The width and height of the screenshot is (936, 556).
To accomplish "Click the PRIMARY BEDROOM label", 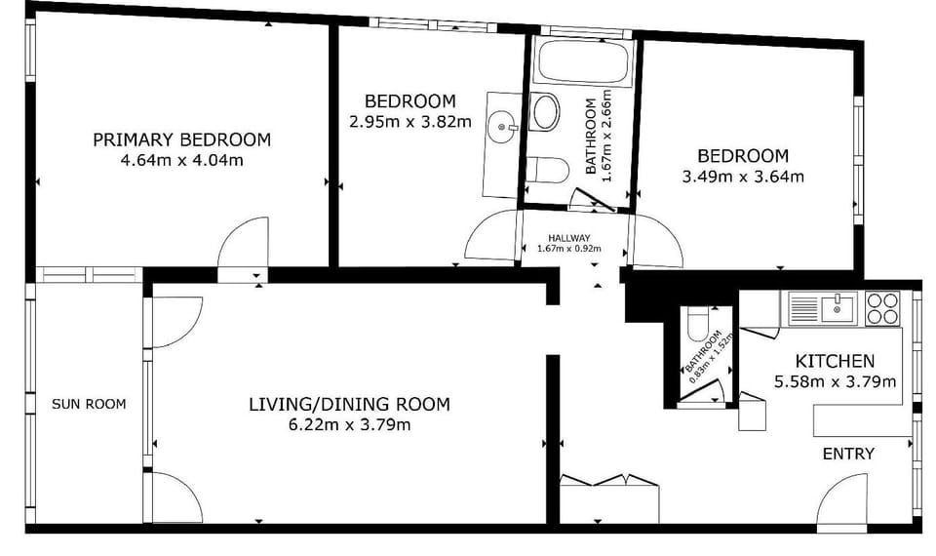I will (x=181, y=139).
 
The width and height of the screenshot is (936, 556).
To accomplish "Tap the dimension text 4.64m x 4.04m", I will (x=181, y=160).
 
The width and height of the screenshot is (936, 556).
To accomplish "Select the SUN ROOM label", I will (x=90, y=404).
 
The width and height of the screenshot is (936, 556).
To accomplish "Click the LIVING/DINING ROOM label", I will (x=349, y=404).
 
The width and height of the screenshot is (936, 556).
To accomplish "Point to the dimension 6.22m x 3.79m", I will (x=349, y=424).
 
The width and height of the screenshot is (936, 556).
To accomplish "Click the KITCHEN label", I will (x=835, y=361).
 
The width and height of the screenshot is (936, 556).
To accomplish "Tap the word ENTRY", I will (x=848, y=454).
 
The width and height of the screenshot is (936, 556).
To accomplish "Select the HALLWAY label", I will (x=569, y=237).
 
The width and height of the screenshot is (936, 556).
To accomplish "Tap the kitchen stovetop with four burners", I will (x=883, y=308).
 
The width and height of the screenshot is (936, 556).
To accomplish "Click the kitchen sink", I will (x=837, y=309).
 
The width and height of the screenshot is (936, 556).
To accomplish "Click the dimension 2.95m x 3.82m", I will (x=409, y=122).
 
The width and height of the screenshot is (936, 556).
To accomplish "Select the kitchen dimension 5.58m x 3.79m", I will (x=835, y=381).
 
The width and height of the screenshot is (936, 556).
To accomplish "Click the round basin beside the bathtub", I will (x=545, y=111).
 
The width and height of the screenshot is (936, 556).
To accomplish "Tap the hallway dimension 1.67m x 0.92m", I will (x=569, y=248).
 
